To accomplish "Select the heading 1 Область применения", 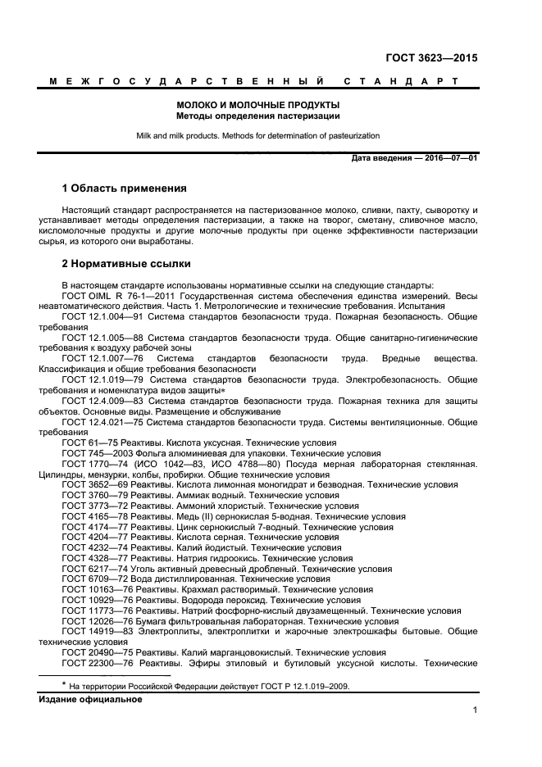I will [125, 188].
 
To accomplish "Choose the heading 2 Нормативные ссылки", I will [126, 264].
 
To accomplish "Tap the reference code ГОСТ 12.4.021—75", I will [100, 421].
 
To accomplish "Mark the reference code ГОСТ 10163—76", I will [93, 589].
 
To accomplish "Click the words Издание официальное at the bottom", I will [90, 699].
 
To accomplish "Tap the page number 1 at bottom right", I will [475, 710].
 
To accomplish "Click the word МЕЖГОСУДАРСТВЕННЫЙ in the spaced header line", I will [184, 82].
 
